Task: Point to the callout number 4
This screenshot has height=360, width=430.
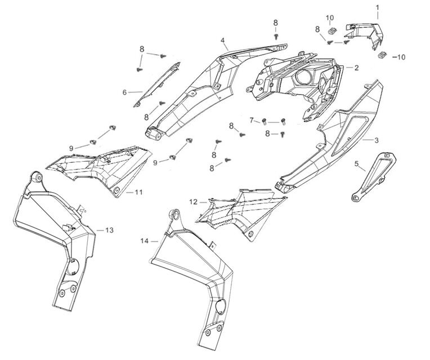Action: click(223, 41)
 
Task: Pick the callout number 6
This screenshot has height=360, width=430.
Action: click(124, 92)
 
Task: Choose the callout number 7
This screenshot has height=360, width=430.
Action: click(252, 119)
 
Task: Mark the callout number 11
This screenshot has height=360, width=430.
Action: click(138, 192)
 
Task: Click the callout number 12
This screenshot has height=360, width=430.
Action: click(193, 201)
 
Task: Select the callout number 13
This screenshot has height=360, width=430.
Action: click(109, 230)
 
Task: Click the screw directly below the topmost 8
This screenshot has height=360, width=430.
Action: click(276, 35)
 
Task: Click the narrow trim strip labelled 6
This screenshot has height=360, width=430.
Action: click(156, 85)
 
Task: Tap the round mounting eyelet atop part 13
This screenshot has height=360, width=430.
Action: click(37, 178)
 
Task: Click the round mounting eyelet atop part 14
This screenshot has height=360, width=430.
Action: click(174, 215)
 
